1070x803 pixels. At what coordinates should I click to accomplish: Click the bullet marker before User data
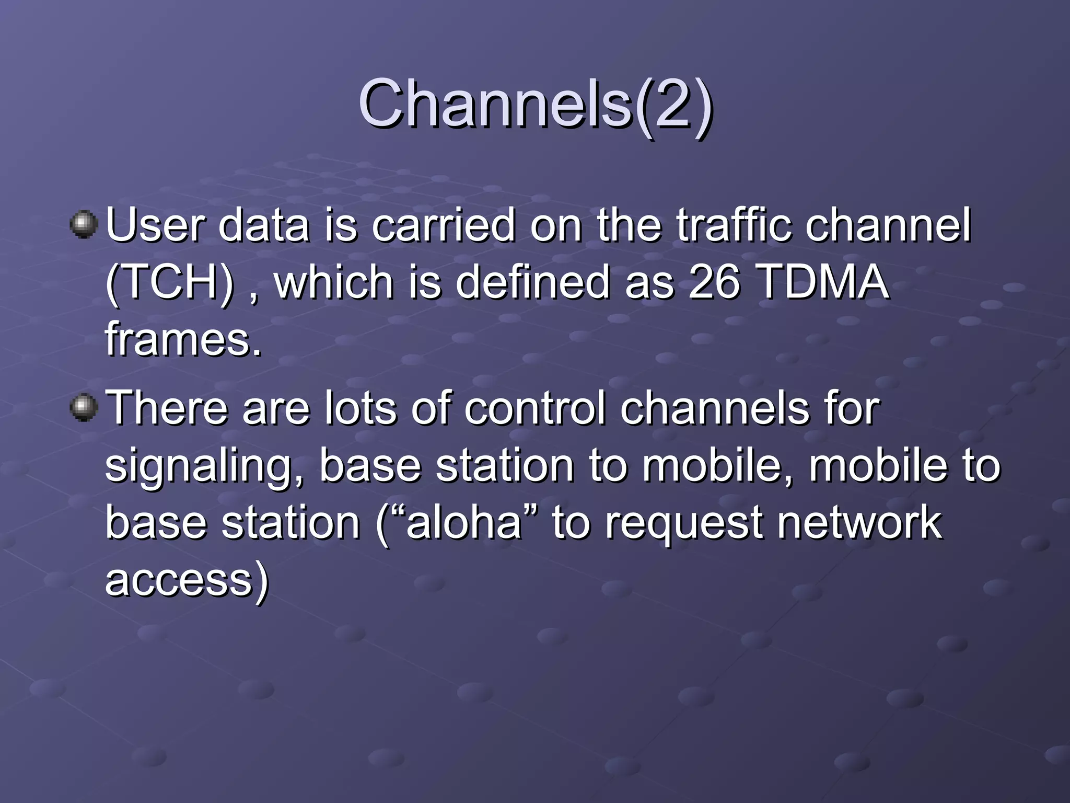tap(84, 225)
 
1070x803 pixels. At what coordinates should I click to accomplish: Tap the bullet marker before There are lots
tap(84, 407)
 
